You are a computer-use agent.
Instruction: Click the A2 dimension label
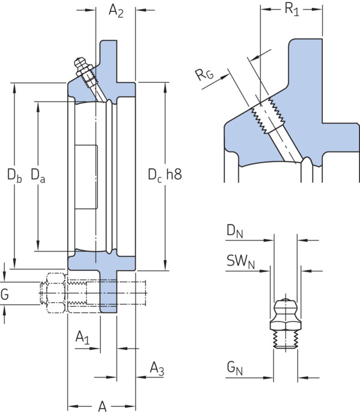coord(116,11)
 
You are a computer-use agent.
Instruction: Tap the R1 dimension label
coord(292,10)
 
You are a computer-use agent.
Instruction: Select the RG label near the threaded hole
coord(205,74)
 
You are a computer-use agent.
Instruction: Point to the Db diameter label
coord(14,175)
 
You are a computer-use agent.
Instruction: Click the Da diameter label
coord(38,175)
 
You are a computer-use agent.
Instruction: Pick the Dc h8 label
coord(165,175)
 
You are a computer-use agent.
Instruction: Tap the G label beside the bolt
coord(5,294)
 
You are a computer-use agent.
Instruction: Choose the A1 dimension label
coord(83,337)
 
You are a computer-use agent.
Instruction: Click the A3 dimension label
coord(157,369)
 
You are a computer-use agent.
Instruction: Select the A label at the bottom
coord(103,406)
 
